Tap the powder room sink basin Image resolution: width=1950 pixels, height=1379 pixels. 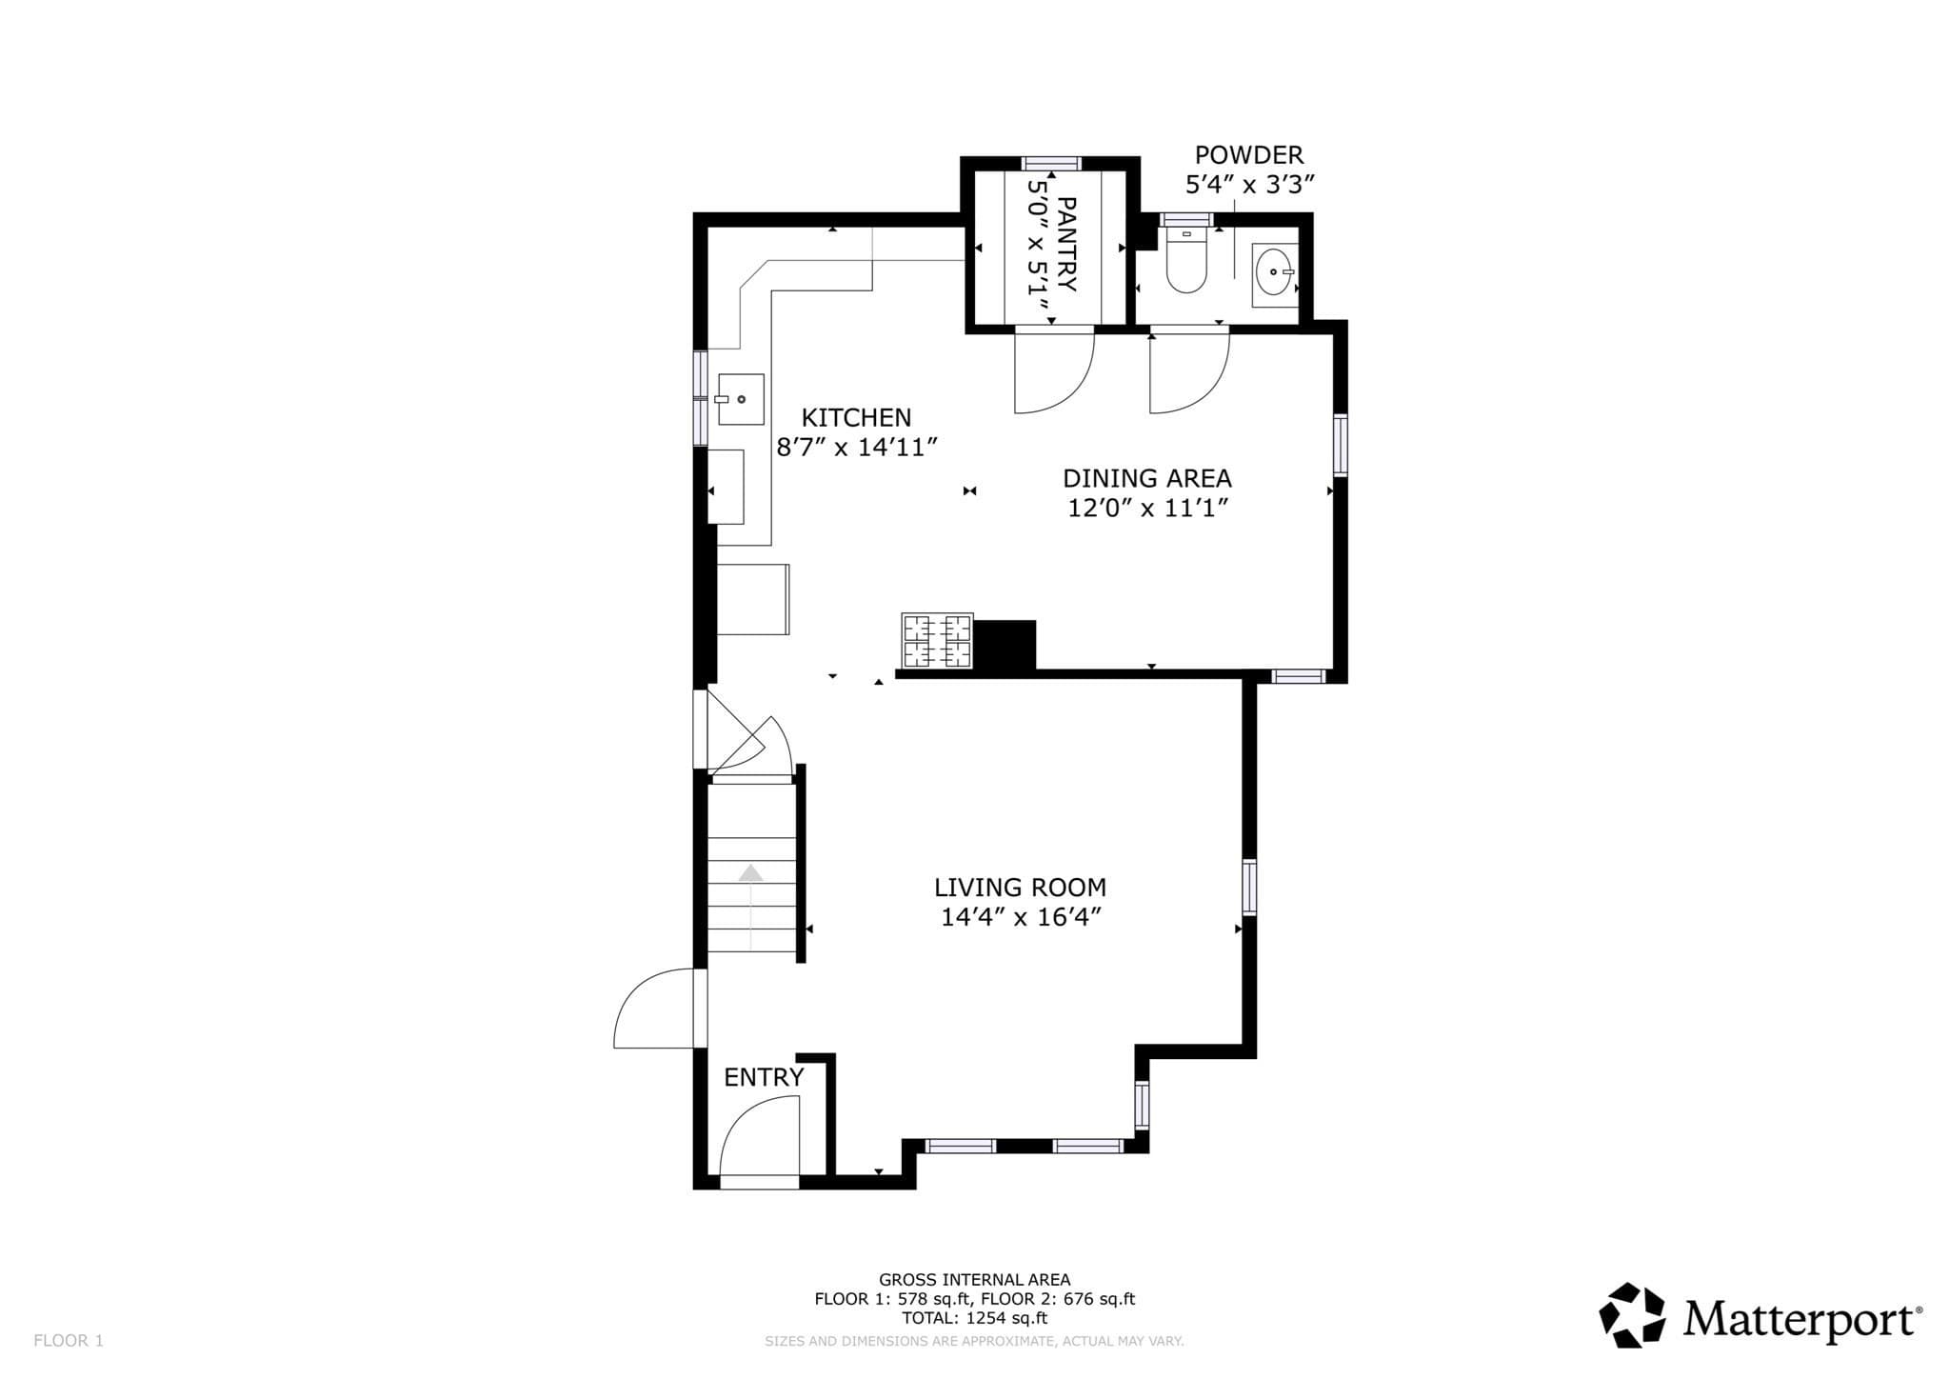1273,271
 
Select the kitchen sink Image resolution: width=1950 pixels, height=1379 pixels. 740,399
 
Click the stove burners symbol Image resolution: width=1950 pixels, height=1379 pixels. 938,641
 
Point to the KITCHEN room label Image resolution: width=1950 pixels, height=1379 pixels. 856,417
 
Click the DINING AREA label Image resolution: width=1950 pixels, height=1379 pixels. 1147,478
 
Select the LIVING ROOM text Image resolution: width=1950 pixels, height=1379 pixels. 1020,888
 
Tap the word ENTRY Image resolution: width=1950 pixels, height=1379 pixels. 764,1077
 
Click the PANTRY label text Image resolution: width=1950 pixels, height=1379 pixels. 1066,245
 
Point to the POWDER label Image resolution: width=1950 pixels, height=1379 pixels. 1249,154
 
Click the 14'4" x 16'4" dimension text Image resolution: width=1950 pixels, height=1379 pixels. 1021,917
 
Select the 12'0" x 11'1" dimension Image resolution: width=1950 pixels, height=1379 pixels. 1147,508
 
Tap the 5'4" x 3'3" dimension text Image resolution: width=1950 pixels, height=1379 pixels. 1249,184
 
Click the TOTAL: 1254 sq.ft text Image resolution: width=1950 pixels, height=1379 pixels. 974,1318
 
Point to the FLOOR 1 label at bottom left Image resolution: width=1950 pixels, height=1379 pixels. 69,1341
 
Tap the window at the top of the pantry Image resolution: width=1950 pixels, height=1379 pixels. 1052,163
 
